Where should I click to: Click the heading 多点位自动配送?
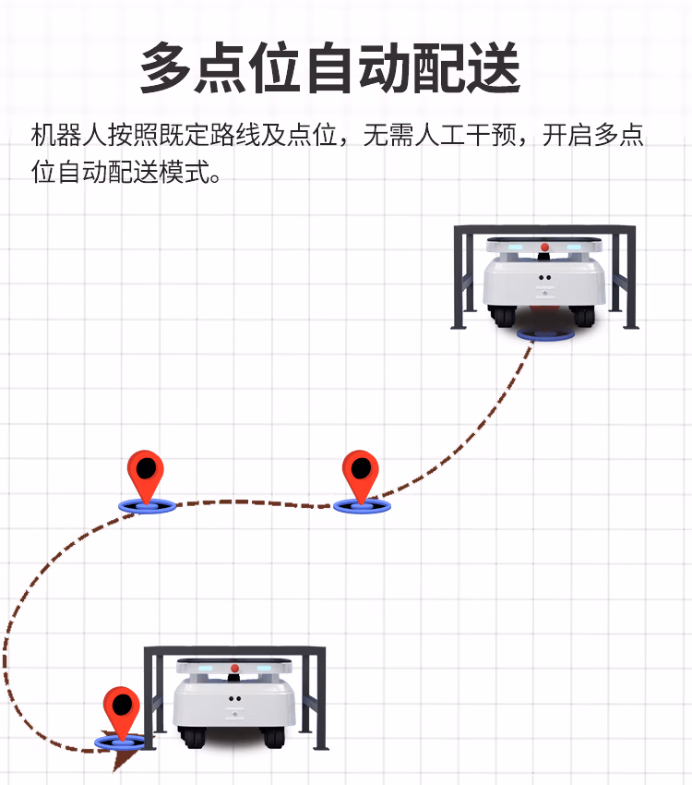[329, 68]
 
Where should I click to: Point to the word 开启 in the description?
[567, 137]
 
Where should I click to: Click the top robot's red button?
[544, 248]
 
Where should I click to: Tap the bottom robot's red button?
[234, 668]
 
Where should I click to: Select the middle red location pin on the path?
[361, 473]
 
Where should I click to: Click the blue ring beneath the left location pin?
[145, 505]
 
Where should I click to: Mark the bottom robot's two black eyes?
[234, 698]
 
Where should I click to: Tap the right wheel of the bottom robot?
[275, 737]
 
